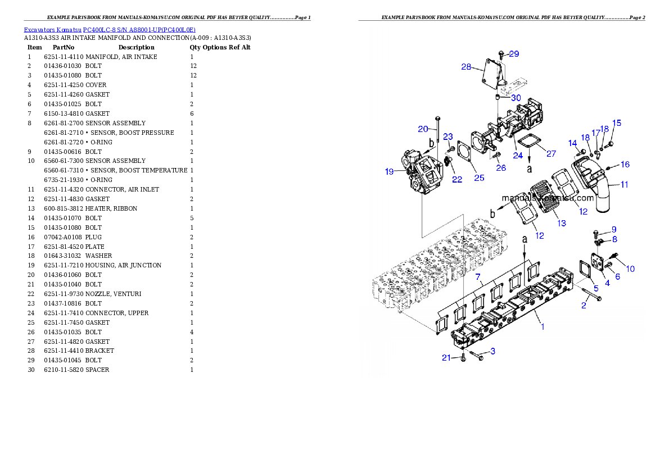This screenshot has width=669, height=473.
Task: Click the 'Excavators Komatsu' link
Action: pos(52,30)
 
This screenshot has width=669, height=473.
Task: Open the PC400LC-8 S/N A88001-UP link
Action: pos(139,30)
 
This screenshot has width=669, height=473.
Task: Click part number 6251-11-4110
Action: pos(64,57)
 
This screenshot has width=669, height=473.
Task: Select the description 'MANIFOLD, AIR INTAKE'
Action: pos(121,57)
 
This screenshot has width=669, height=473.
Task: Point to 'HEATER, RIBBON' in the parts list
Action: pos(111,208)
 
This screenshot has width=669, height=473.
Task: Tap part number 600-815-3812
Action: pos(64,208)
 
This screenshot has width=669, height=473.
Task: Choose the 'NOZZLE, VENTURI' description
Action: pos(113,294)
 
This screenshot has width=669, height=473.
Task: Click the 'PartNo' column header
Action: pos(64,47)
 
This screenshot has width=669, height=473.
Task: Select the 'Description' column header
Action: pos(137,47)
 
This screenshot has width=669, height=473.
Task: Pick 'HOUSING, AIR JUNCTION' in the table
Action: pos(123,265)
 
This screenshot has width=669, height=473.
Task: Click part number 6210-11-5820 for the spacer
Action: pos(64,370)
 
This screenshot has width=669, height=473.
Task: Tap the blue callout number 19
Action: pos(389,171)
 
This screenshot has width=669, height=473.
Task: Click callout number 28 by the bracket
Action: pos(466,66)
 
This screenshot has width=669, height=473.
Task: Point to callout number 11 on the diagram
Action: pos(624,185)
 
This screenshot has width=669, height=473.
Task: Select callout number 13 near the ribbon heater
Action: pos(562,223)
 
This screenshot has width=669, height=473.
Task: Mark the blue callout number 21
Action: pos(446,358)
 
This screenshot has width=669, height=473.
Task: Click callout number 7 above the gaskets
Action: pos(478,277)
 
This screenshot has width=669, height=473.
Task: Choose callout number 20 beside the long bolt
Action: pos(423,129)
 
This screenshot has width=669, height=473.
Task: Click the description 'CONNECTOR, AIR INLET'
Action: pos(122,189)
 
